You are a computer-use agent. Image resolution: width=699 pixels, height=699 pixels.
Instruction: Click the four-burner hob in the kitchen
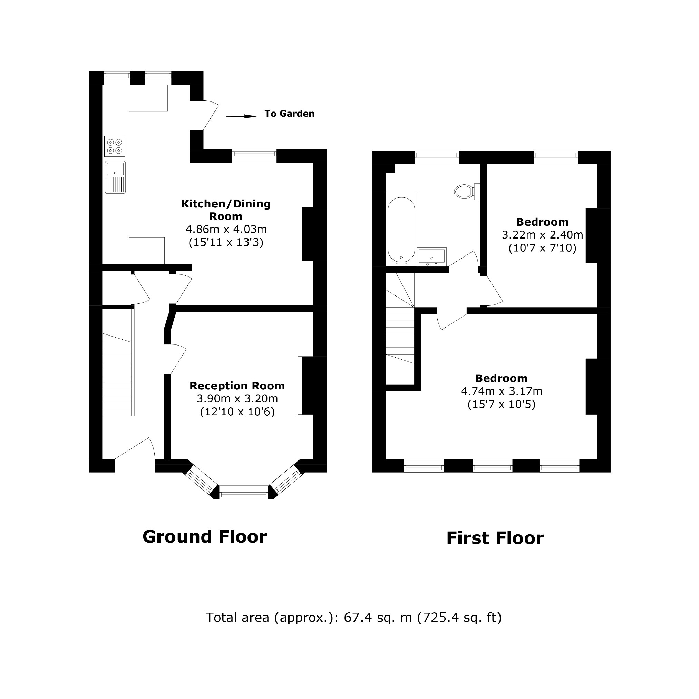coord(114,146)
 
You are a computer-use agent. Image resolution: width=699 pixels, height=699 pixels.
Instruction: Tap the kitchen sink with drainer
coord(115,177)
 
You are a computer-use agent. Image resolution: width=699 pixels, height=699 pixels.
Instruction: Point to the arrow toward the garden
coord(241,116)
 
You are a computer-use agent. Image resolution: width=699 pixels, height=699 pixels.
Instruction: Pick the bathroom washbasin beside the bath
coord(431,256)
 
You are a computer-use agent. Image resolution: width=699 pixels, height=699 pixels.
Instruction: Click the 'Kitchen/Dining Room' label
coord(226,210)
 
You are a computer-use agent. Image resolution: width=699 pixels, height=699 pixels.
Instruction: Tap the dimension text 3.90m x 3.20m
coord(237,399)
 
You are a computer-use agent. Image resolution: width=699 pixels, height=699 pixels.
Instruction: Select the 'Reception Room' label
coord(237,386)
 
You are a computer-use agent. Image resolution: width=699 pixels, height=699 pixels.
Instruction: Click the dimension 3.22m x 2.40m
coord(542,235)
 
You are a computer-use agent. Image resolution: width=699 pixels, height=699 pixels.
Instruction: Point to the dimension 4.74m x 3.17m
coord(501,391)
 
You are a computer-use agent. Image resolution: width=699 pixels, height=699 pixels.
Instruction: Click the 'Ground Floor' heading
coord(204,536)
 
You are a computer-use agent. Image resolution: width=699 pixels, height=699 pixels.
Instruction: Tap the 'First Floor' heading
coord(495,538)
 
